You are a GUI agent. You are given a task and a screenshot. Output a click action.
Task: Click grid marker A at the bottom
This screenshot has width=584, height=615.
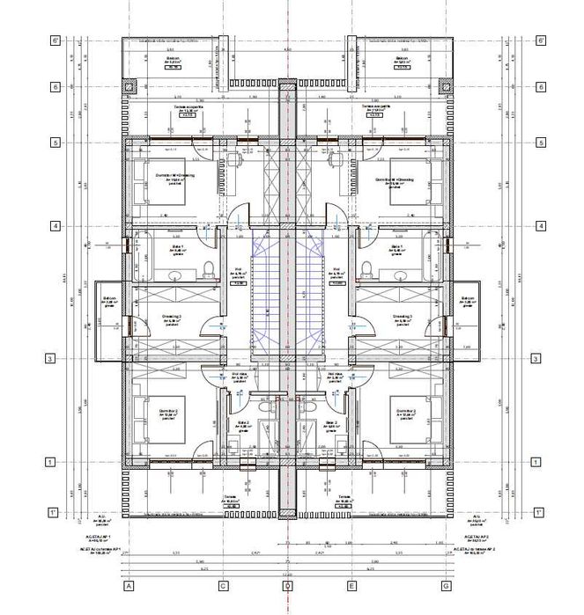click(x=129, y=584)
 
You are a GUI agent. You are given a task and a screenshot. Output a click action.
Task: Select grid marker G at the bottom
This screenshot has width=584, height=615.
click(x=446, y=584)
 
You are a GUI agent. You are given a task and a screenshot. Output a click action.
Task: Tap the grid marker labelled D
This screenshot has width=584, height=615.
click(x=286, y=584)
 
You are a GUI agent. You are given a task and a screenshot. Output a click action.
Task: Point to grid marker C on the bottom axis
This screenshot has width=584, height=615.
click(x=223, y=584)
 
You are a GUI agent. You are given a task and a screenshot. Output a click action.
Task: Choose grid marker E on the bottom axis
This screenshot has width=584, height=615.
click(x=351, y=584)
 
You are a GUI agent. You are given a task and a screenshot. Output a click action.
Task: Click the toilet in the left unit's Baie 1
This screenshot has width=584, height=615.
click(x=207, y=268)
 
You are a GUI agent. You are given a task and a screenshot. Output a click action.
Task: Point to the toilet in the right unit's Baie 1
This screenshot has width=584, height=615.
click(x=367, y=268)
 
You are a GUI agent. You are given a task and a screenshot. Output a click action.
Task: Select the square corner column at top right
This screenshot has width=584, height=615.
click(x=445, y=86)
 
